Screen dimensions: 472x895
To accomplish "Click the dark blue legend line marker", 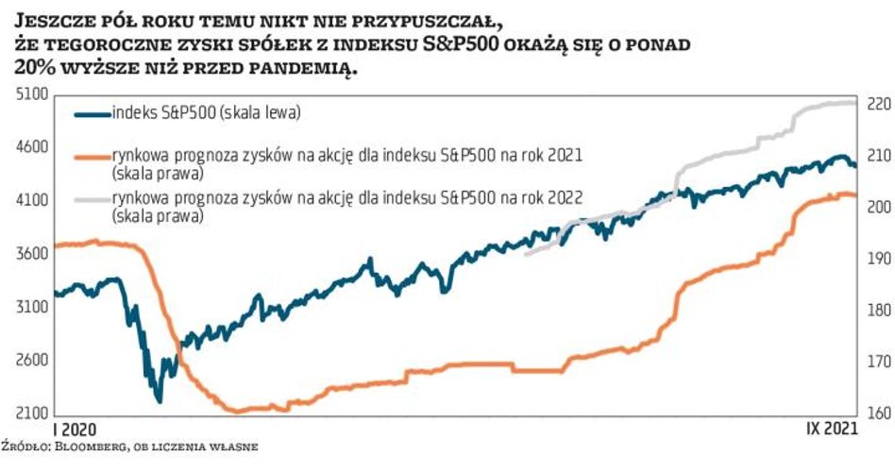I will pyautogui.click(x=91, y=114).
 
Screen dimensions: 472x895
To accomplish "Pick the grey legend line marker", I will pyautogui.click(x=91, y=198).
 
